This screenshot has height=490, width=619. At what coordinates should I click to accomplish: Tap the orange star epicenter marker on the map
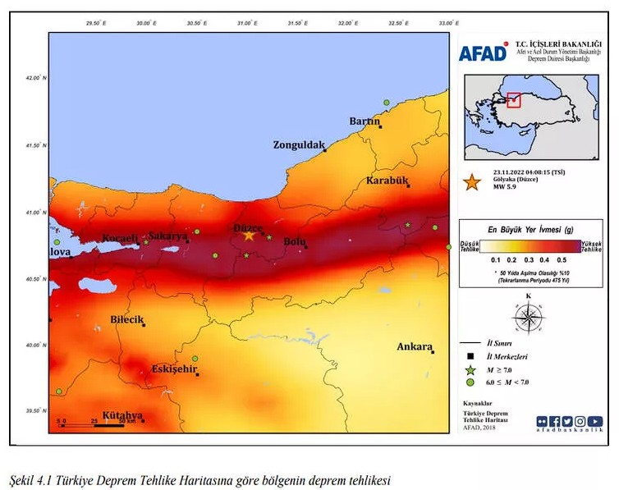point(249,236)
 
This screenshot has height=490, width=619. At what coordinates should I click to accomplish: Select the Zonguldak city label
point(299,145)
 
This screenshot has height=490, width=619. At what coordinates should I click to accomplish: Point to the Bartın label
point(365,121)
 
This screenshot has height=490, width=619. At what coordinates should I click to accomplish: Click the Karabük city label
point(387,181)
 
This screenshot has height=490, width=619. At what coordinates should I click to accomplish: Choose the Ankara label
point(414,346)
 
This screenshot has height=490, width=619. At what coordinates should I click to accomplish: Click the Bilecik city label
point(126,319)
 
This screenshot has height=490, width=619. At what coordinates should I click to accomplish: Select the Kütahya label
point(122,415)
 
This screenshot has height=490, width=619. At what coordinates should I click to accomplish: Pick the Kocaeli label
point(119,239)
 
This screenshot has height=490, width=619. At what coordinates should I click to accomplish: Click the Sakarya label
point(167,236)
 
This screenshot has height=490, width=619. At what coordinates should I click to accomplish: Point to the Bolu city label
point(294,241)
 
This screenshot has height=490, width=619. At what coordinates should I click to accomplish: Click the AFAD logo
point(483,53)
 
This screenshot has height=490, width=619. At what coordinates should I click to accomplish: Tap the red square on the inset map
point(514,100)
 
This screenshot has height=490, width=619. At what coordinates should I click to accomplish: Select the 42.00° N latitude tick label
point(36,79)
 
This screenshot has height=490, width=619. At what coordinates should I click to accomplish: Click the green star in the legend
point(470,370)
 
